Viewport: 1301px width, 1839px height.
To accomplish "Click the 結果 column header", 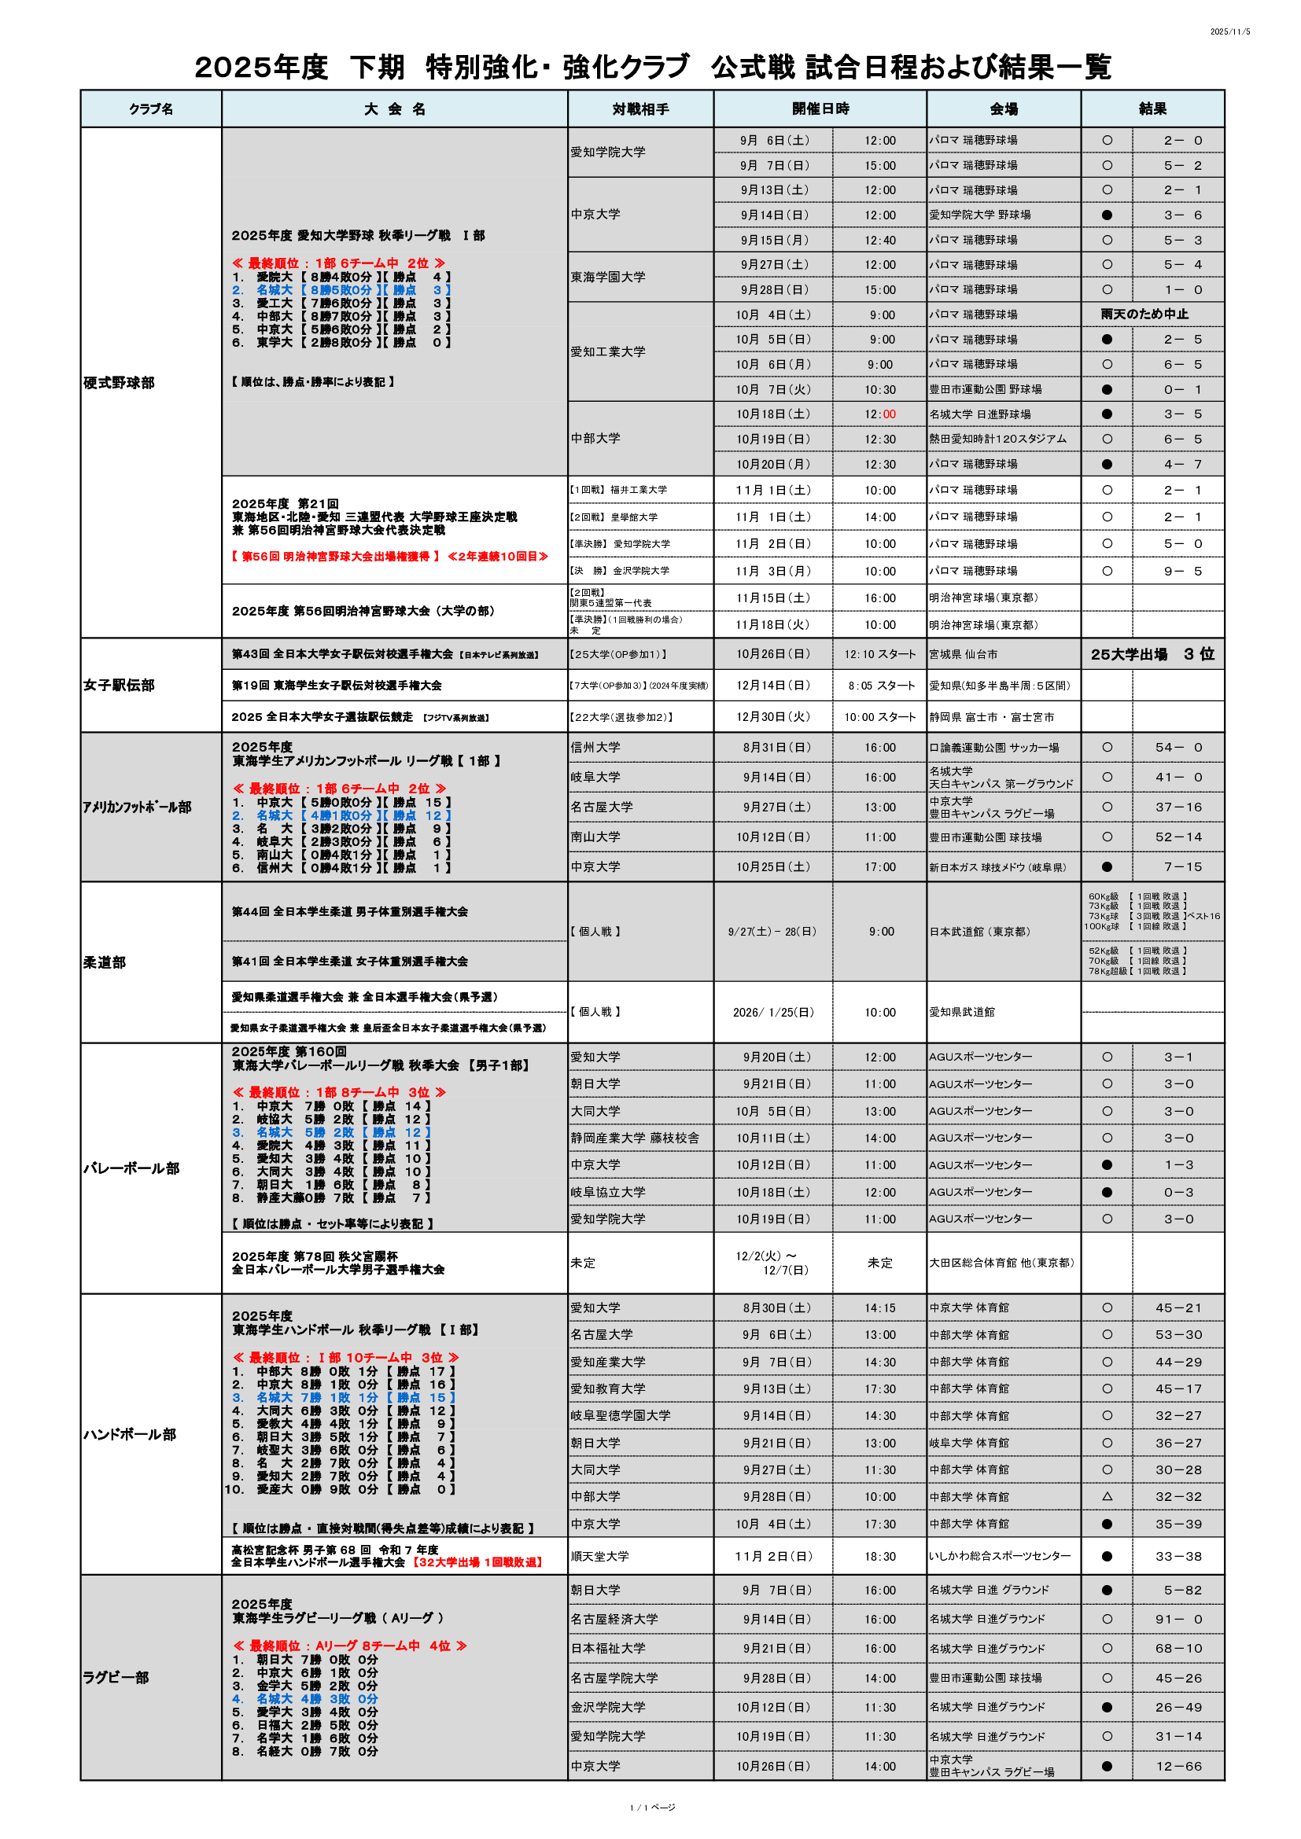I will [1152, 109].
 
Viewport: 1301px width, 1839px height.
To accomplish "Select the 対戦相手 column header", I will [640, 109].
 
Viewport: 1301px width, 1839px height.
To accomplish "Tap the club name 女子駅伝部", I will [119, 685].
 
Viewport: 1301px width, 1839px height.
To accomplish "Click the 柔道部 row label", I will [104, 962].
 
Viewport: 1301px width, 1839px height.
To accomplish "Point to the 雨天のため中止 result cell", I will [1144, 314].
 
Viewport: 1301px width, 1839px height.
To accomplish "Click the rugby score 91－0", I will [1178, 1619].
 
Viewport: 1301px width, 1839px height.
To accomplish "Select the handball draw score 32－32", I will [1178, 1496].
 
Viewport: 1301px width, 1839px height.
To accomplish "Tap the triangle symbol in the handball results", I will [1108, 1496].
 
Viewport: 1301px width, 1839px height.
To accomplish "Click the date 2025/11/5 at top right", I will [1229, 32].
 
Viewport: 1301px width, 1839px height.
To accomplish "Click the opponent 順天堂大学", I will [599, 1555].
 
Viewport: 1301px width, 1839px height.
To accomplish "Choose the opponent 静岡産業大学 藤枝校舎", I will [635, 1138].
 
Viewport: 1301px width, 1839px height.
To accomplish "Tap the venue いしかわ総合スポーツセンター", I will [999, 1555].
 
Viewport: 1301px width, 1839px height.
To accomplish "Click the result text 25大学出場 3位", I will [1152, 654].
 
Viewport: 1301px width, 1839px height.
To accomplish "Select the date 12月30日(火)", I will [773, 717].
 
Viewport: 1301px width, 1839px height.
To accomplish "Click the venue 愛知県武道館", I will [961, 1012].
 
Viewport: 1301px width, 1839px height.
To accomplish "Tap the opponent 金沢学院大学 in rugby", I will [607, 1707].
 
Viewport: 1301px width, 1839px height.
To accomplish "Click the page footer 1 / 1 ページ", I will [652, 1807].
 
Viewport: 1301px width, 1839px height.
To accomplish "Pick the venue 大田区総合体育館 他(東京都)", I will [1001, 1263].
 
